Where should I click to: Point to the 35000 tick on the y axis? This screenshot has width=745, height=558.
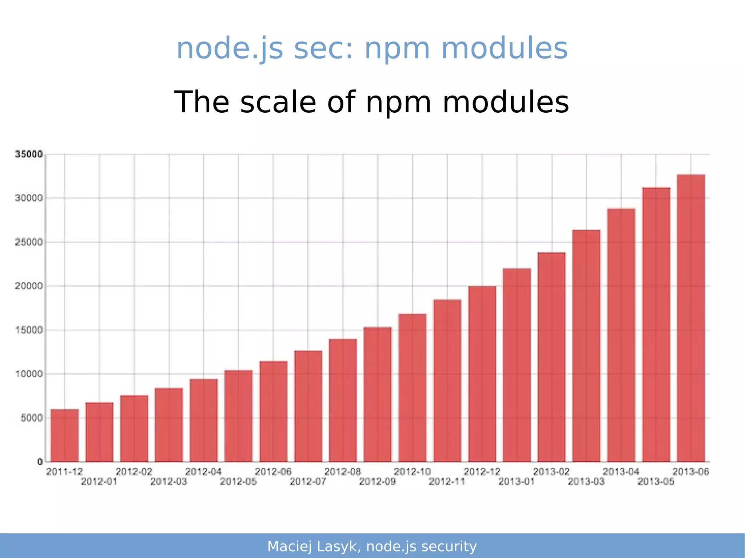click(29, 154)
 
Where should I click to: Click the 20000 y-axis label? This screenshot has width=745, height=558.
click(29, 286)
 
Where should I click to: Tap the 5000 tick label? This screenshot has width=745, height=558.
click(32, 418)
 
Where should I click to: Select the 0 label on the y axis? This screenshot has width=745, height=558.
click(40, 462)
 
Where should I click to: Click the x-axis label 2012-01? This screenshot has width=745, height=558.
click(99, 482)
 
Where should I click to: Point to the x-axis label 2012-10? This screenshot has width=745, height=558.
click(412, 472)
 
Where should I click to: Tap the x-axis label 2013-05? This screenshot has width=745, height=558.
click(656, 482)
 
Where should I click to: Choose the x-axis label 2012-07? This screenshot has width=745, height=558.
click(308, 482)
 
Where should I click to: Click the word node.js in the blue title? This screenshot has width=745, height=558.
click(230, 49)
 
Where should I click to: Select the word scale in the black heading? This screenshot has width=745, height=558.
click(278, 103)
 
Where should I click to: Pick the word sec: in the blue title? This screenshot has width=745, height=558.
click(323, 49)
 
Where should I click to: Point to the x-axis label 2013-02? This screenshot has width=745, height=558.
click(551, 472)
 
